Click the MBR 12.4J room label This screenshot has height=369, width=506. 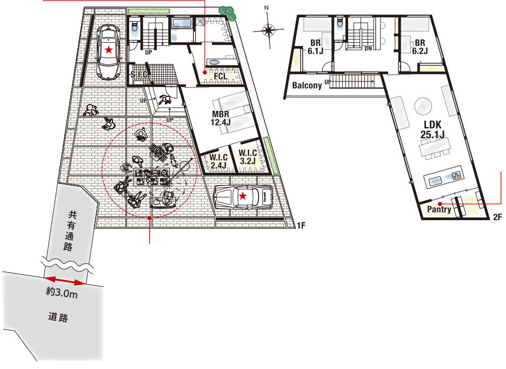click(221, 118)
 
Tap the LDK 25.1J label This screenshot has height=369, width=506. click(432, 129)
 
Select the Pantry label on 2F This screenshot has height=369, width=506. click(439, 209)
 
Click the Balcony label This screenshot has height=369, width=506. click(307, 85)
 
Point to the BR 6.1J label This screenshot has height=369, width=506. click(315, 47)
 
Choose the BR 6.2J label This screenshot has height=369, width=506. click(420, 47)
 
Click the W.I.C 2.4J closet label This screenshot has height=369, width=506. click(218, 161)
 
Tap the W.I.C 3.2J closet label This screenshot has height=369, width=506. click(248, 157)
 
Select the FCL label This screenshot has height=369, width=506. click(221, 76)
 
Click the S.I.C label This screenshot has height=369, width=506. click(139, 75)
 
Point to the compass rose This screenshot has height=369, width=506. click(268, 30)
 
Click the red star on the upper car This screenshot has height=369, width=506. click(109, 50)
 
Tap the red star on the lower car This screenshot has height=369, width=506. click(243, 196)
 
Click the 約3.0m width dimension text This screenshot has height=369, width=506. click(62, 293)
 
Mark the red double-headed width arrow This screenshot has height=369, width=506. click(65, 281)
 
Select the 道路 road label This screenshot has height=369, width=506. click(58, 317)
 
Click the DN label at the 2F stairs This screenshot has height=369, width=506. click(368, 49)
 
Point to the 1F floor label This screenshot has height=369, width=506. click(301, 225)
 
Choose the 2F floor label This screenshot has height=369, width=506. click(497, 217)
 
